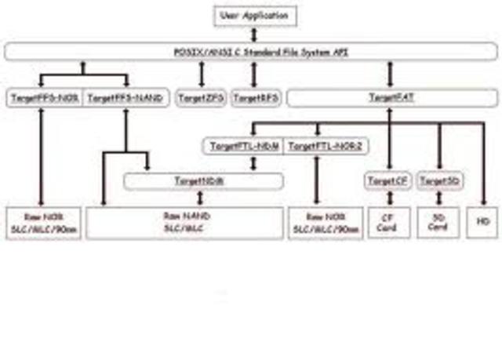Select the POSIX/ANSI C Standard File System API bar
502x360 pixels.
coord(251,53)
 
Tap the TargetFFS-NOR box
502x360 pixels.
coord(42,99)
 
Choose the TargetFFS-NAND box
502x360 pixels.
coord(125,99)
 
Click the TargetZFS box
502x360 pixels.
coord(202,99)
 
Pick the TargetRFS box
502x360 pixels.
coord(253,99)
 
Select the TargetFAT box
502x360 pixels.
coord(391,99)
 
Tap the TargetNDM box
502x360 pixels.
coord(203,181)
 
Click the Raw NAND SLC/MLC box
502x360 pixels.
coord(182,223)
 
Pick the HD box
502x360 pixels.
coord(482,223)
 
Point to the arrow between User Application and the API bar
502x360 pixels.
coord(253,35)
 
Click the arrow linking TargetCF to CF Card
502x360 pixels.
coord(388,198)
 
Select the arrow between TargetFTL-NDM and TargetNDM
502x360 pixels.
coord(253,164)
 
